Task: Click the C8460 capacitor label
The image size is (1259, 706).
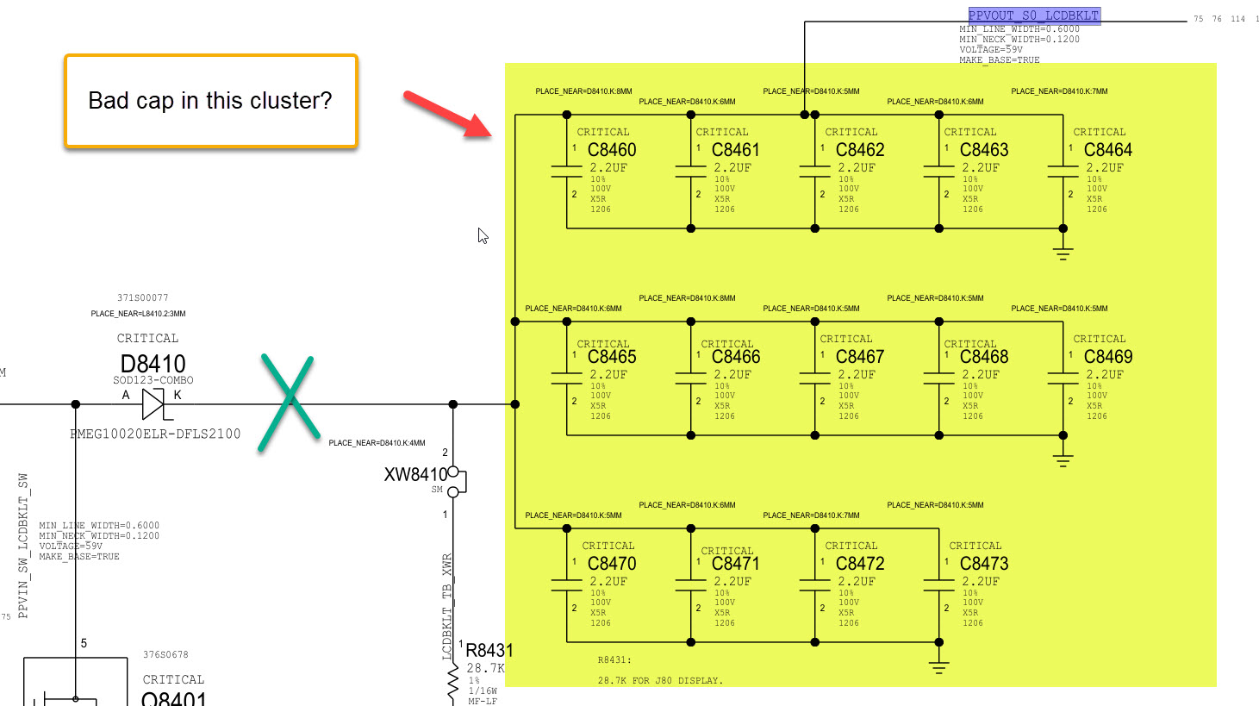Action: pyautogui.click(x=612, y=150)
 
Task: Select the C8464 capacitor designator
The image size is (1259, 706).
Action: pyautogui.click(x=1108, y=150)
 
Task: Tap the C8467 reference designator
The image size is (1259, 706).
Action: pyautogui.click(x=860, y=357)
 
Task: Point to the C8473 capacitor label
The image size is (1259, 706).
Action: pyautogui.click(x=984, y=564)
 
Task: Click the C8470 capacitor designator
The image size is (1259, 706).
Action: pyautogui.click(x=612, y=564)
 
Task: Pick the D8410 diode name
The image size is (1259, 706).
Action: pyautogui.click(x=153, y=364)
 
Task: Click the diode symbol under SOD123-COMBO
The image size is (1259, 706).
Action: pyautogui.click(x=153, y=403)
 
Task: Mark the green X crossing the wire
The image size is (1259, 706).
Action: pyautogui.click(x=290, y=403)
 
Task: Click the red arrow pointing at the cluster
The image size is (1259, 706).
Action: pyautogui.click(x=446, y=114)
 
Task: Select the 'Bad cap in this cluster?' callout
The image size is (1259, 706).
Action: pyautogui.click(x=210, y=101)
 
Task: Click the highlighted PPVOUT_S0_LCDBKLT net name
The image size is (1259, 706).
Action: pyautogui.click(x=1034, y=16)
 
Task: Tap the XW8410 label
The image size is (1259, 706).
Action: pyautogui.click(x=415, y=474)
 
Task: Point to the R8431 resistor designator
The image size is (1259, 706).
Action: pyautogui.click(x=489, y=651)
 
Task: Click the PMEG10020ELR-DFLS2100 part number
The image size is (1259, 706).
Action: pyautogui.click(x=155, y=434)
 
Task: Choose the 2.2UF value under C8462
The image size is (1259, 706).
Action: pyautogui.click(x=857, y=168)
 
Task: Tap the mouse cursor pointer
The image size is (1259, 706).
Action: pyautogui.click(x=483, y=235)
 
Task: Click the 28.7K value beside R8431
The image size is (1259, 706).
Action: pyautogui.click(x=485, y=668)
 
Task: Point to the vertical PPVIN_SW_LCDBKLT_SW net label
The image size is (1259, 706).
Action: pyautogui.click(x=23, y=545)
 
